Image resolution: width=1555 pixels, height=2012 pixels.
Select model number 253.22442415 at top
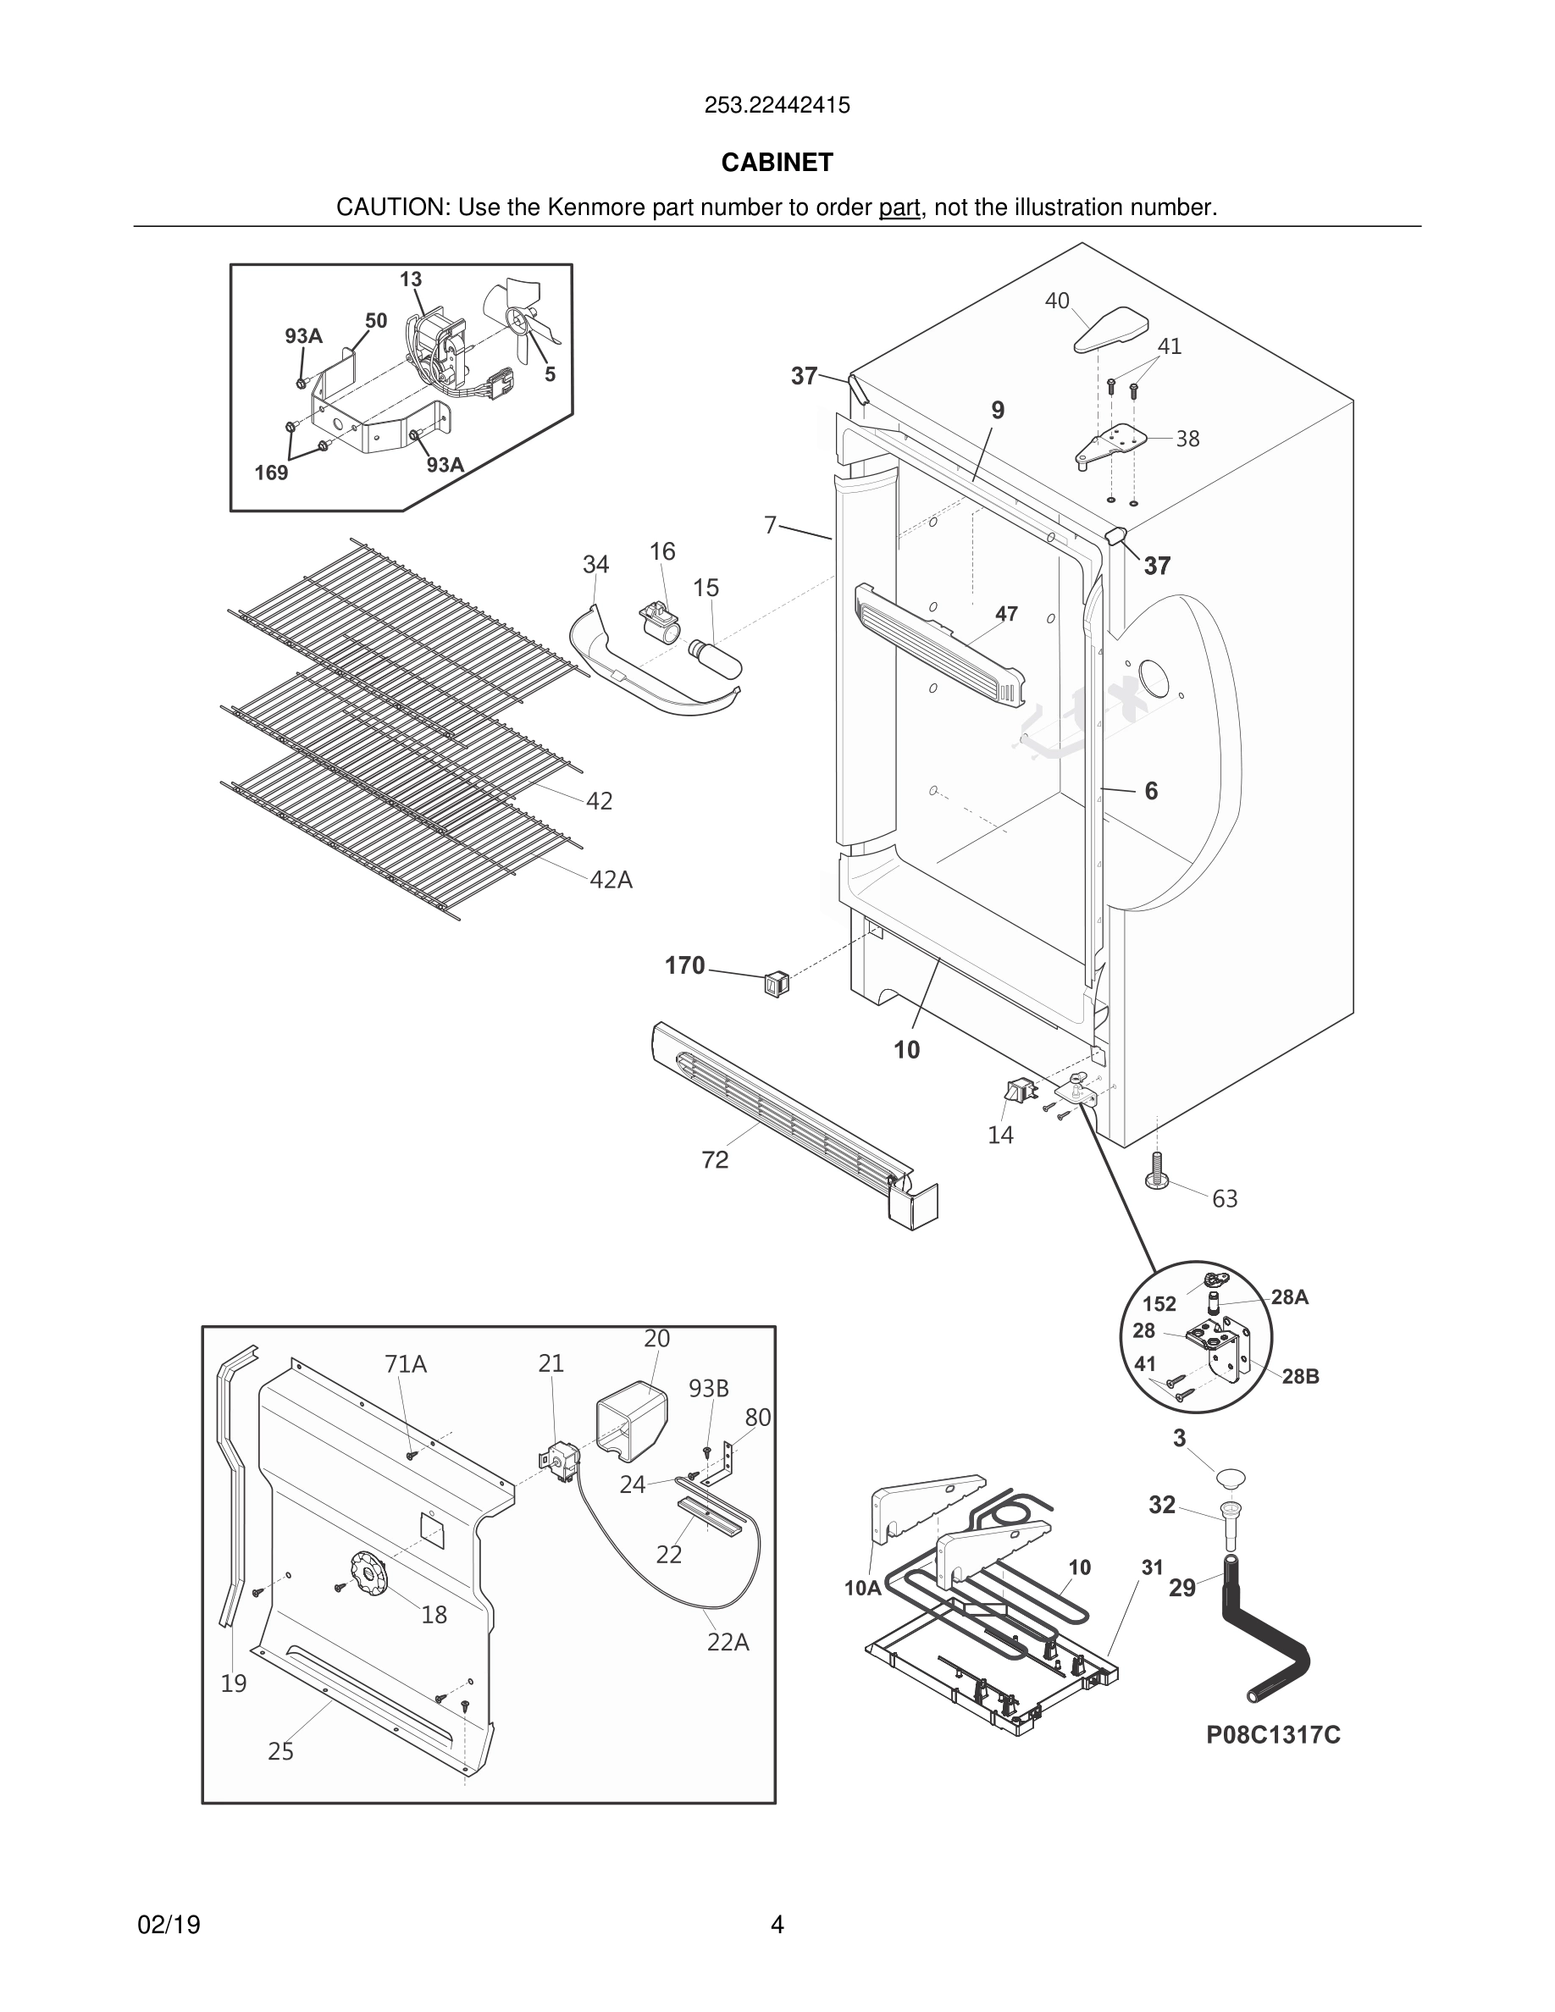777,105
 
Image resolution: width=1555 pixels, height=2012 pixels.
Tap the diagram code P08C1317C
1273,1736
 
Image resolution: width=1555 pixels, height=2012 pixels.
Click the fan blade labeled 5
518,318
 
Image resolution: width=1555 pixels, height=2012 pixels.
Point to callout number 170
684,965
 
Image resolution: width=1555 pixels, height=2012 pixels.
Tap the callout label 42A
611,880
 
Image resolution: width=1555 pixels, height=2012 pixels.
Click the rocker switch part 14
1017,1093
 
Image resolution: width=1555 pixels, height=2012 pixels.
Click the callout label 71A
406,1364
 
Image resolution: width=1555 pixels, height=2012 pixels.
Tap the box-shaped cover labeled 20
630,1425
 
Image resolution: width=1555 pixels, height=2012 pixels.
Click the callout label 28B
1300,1376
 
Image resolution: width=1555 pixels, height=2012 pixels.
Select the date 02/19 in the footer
169,1925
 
